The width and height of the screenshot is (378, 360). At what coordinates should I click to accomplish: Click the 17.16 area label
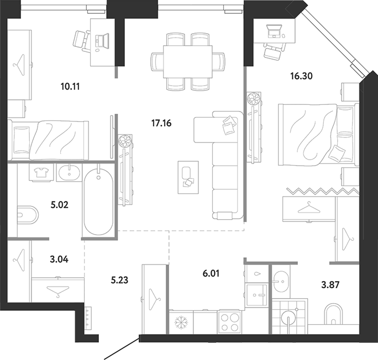pyautogui.click(x=161, y=123)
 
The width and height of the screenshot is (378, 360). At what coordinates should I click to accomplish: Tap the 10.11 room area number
pyautogui.click(x=70, y=86)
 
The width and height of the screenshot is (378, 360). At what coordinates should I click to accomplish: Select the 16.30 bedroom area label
pyautogui.click(x=301, y=76)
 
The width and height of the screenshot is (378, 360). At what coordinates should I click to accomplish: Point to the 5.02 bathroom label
pyautogui.click(x=60, y=205)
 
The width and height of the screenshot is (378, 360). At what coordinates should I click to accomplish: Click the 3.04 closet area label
pyautogui.click(x=59, y=260)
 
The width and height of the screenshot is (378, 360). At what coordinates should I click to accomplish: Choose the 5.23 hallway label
pyautogui.click(x=119, y=280)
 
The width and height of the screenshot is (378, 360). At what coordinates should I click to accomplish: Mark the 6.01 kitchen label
pyautogui.click(x=211, y=273)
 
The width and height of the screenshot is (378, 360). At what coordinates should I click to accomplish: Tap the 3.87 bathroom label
pyautogui.click(x=330, y=285)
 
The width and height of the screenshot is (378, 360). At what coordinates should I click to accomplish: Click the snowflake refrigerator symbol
pyautogui.click(x=181, y=322)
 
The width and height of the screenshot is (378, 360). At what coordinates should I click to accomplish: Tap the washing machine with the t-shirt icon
pyautogui.click(x=41, y=172)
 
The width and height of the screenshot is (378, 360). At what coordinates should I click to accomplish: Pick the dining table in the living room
pyautogui.click(x=188, y=62)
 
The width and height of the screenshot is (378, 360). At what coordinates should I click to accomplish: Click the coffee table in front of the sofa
pyautogui.click(x=188, y=177)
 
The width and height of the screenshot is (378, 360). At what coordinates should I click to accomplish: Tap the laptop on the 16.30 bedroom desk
pyautogui.click(x=274, y=31)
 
